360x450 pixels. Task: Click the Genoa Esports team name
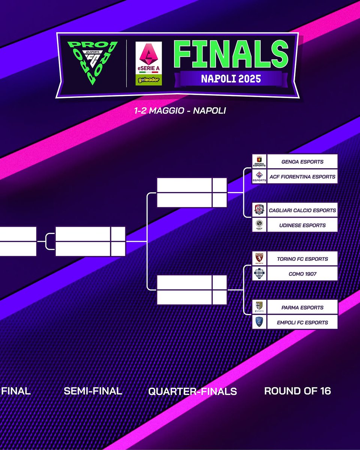coord(302,162)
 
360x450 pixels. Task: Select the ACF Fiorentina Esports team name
coord(302,177)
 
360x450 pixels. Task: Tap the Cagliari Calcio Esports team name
coord(302,210)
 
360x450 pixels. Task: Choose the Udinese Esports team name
coord(302,225)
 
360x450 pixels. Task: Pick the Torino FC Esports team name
coord(302,259)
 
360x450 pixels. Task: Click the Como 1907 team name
coord(302,274)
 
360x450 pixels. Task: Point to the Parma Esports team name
coord(302,307)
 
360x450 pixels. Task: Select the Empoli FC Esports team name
coord(302,322)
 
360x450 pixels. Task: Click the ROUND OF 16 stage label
coord(297,391)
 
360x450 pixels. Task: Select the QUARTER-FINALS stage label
coord(192,391)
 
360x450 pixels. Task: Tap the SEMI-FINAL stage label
coord(93,391)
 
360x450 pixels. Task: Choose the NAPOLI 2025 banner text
coord(231,79)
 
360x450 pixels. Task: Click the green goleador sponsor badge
coord(149,79)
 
